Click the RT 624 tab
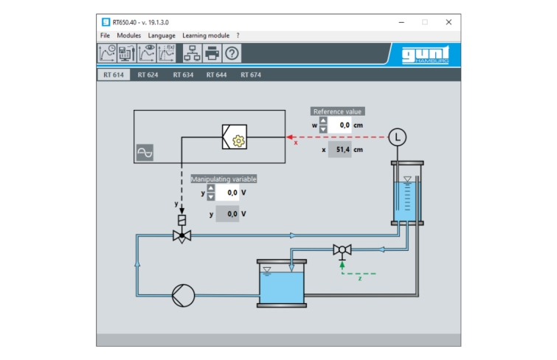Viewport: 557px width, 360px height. tap(148, 75)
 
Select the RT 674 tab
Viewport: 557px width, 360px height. tap(251, 75)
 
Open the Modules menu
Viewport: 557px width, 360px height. tap(128, 35)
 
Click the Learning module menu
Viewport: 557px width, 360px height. tap(206, 35)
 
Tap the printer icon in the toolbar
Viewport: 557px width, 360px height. tap(212, 53)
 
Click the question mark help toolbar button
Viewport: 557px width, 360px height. tap(232, 53)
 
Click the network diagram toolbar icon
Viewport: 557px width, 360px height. tap(192, 53)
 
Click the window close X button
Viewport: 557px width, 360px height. tap(449, 22)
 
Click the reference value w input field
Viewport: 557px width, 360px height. tap(340, 125)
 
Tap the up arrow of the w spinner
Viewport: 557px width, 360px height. tap(323, 121)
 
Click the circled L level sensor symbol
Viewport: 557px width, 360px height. tap(397, 137)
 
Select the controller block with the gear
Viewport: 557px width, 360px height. tap(235, 136)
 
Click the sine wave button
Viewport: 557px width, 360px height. tap(145, 153)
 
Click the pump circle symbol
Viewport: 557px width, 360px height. tap(183, 295)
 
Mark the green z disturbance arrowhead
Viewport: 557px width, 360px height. tap(342, 265)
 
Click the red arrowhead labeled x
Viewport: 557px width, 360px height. tap(289, 137)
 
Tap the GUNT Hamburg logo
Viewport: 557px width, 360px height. tap(426, 55)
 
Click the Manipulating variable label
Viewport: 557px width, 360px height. tap(224, 179)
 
